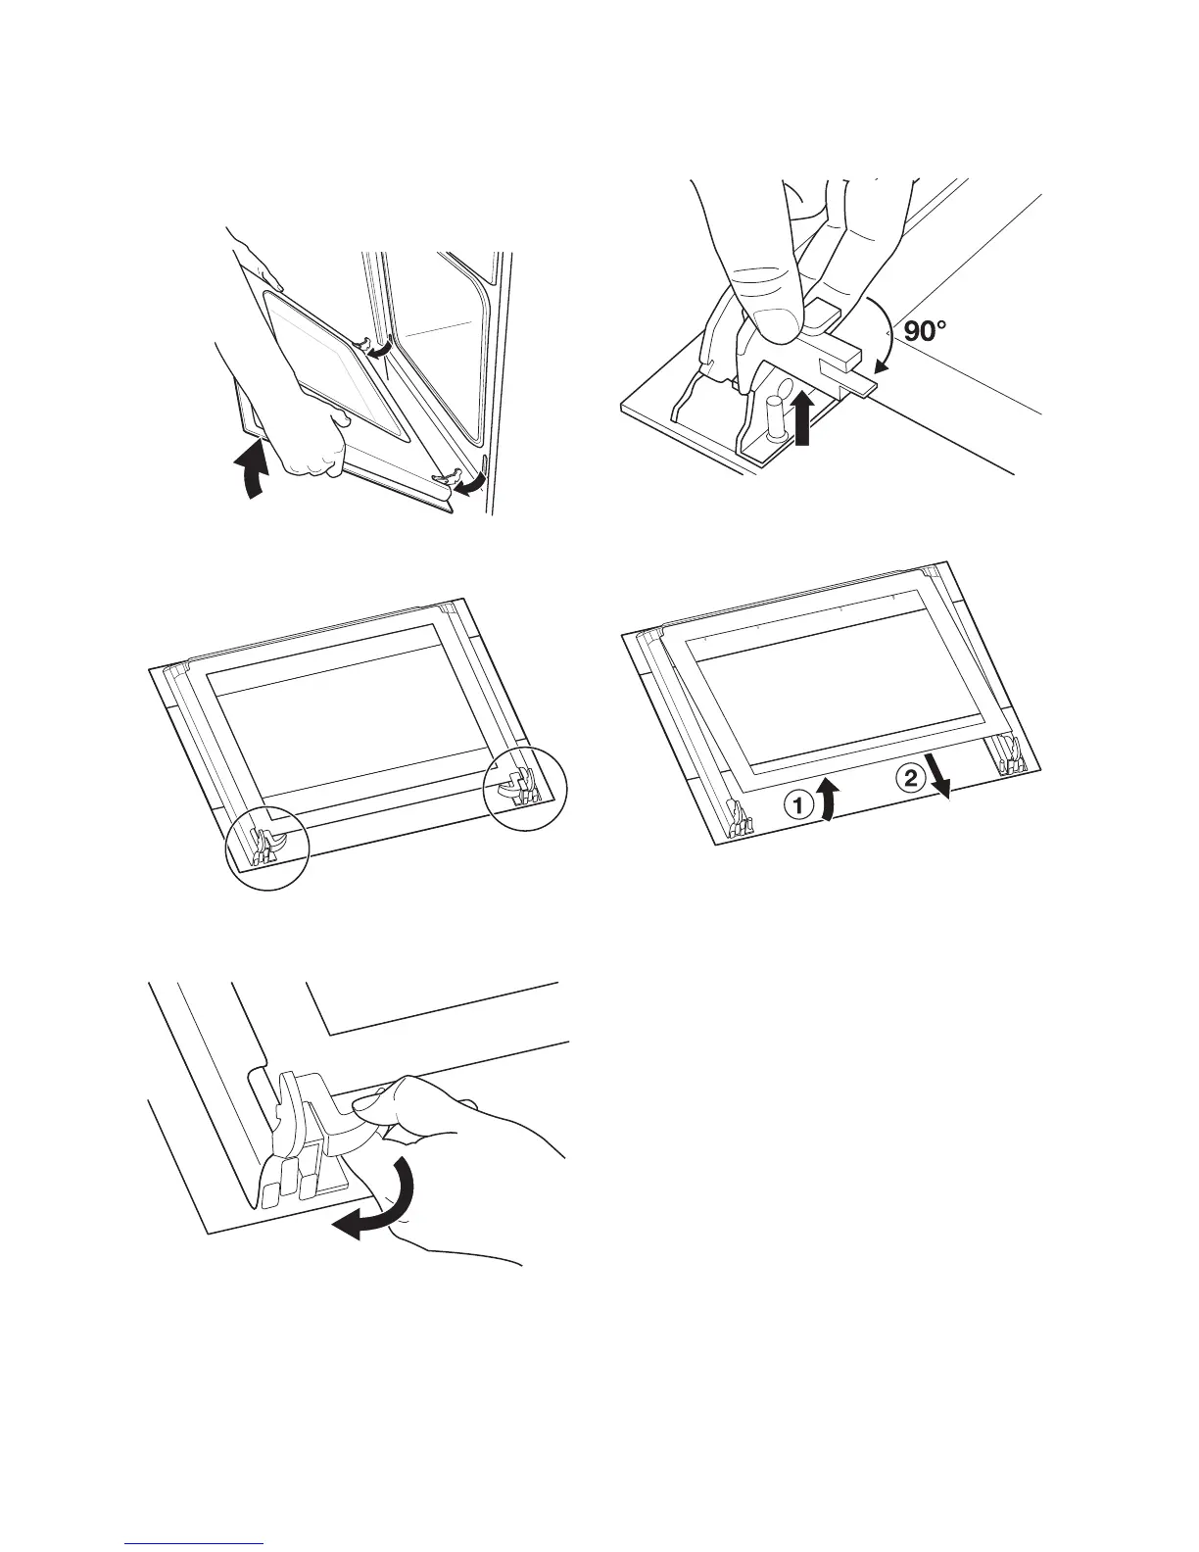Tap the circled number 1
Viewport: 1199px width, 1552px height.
tap(797, 805)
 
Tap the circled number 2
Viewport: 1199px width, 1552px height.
tap(910, 779)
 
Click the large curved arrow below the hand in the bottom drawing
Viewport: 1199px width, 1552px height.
tap(377, 1208)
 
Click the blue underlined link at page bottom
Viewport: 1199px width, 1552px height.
tap(196, 1543)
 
